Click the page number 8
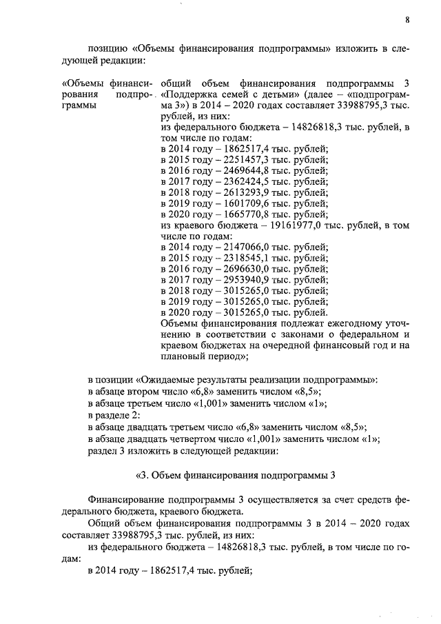[x=407, y=21]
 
